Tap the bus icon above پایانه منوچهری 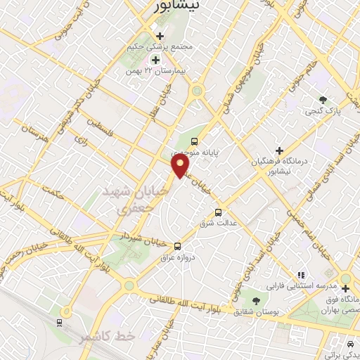(x=195, y=141)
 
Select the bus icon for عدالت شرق (x=218, y=212)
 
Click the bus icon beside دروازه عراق (x=177, y=246)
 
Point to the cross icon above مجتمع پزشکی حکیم (x=160, y=35)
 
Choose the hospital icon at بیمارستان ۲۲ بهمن (x=155, y=59)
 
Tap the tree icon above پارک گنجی (x=323, y=100)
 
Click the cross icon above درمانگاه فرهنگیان (x=279, y=150)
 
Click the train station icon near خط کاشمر (x=60, y=323)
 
